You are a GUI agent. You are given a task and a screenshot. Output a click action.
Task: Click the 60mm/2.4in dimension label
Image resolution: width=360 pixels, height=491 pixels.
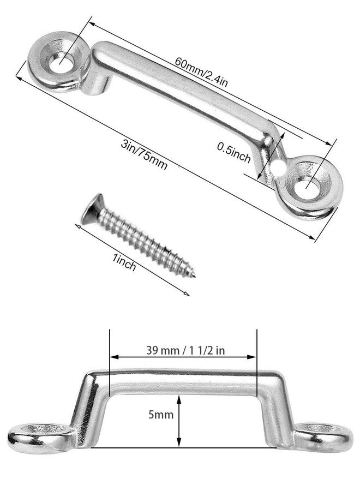pos(201,71)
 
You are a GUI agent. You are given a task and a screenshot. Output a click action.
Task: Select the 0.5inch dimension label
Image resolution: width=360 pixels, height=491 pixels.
pos(234,152)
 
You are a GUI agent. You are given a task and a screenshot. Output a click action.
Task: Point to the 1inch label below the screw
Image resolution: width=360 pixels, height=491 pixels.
pos(124,262)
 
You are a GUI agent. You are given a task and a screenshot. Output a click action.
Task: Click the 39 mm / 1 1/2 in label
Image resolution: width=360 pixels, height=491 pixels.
pos(185,350)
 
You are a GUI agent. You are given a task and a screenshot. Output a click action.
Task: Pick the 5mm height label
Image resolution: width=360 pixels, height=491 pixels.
pos(160,415)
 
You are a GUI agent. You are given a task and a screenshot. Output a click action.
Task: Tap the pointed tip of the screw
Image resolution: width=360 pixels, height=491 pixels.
pos(195,276)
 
